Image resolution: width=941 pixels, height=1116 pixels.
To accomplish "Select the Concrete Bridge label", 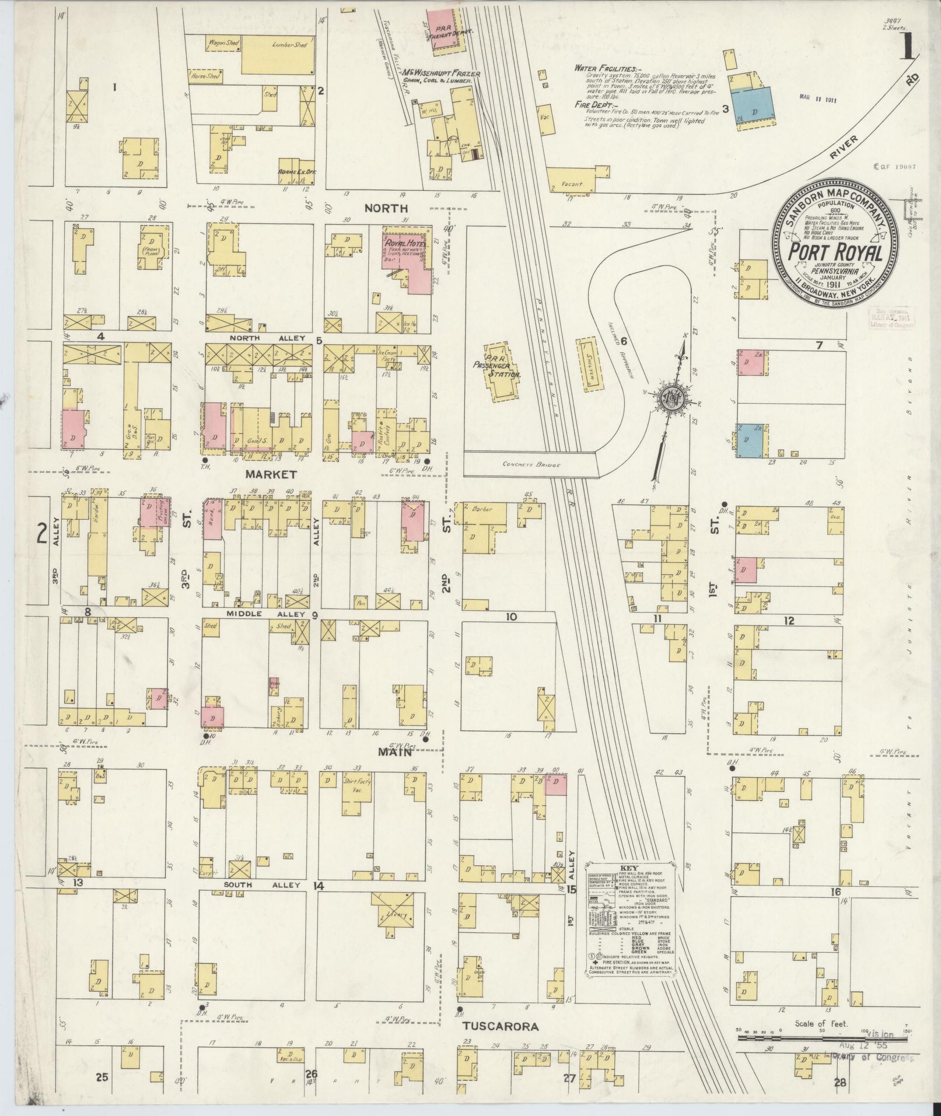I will pyautogui.click(x=530, y=465).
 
